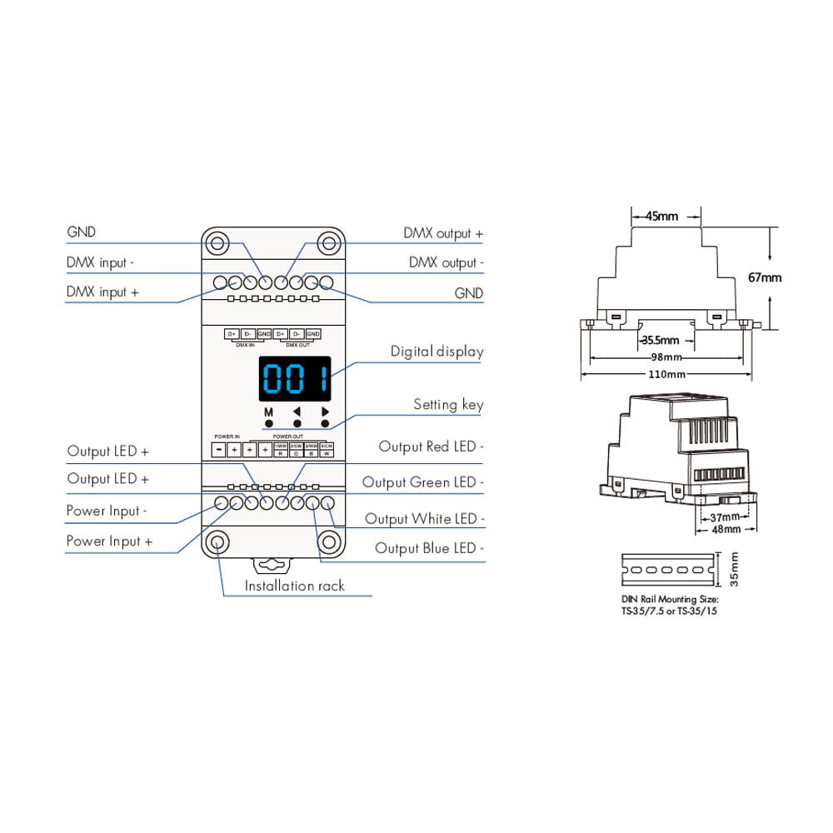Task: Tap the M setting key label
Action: pos(269,412)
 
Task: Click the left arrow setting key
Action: pos(297,412)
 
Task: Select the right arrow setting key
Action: pos(325,412)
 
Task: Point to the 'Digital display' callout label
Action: pos(436,352)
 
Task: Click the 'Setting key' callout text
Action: pos(448,405)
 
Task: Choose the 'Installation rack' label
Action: pos(294,586)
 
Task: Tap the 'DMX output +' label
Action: pos(443,234)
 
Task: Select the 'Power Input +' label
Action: pos(109,541)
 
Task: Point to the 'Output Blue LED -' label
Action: pos(430,548)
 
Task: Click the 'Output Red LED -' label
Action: pos(431,447)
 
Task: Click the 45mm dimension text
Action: pos(662,217)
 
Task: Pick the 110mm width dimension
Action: pos(666,375)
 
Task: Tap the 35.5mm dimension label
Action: pos(659,341)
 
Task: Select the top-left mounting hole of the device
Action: pos(217,244)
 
